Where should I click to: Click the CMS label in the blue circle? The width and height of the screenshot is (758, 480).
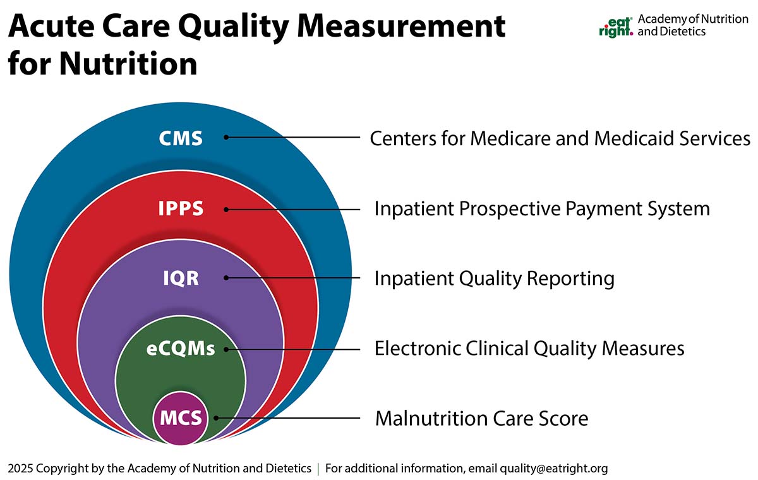point(181,138)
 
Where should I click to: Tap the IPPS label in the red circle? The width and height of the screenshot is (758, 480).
point(181,208)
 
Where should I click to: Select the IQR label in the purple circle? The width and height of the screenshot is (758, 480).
point(181,278)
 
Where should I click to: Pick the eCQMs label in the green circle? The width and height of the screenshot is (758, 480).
point(181,349)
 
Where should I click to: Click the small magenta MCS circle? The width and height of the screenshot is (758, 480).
point(181,417)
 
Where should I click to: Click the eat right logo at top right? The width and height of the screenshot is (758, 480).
point(615,25)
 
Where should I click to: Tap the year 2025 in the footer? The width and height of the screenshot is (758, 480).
point(20,469)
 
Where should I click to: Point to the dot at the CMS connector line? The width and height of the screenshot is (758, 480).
point(226,137)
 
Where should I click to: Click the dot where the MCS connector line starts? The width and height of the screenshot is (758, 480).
point(216,417)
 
